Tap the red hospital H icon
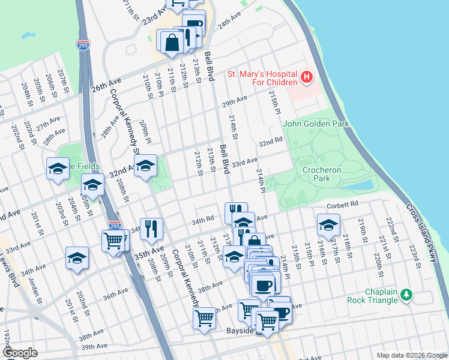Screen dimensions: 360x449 tap(307, 77)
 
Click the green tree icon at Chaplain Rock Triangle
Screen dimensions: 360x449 tap(407, 295)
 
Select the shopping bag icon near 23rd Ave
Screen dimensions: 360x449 tap(172, 42)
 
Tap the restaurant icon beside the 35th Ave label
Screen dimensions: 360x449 tap(151, 228)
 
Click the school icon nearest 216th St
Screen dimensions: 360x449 tap(328, 226)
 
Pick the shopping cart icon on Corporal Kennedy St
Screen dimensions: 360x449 tap(205, 317)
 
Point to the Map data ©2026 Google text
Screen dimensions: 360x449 tap(411, 355)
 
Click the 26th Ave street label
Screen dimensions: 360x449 tap(106, 84)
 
